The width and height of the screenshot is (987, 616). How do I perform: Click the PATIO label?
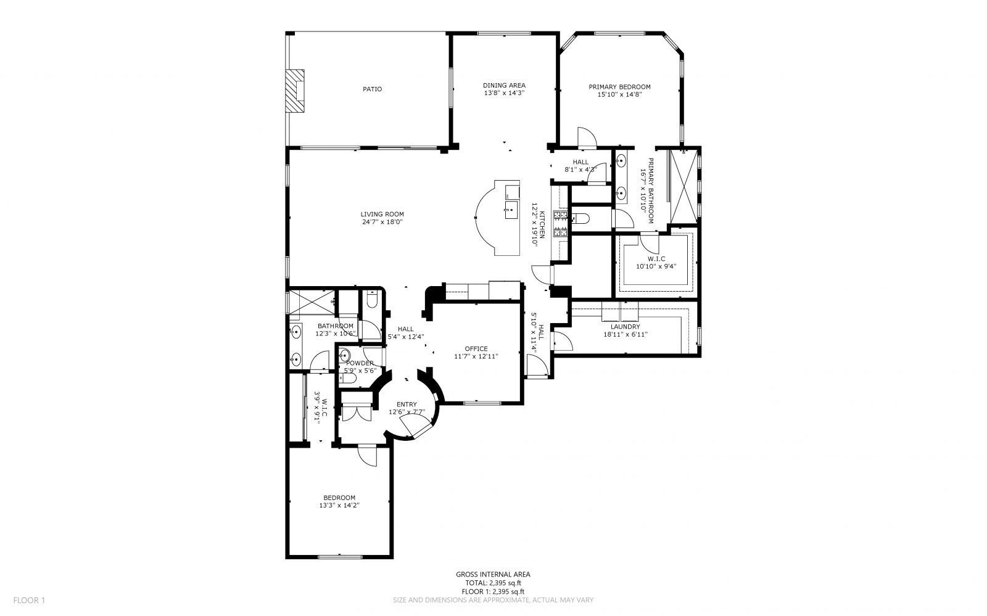[x=373, y=89]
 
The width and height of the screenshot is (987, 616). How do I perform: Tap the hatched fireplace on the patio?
[x=295, y=91]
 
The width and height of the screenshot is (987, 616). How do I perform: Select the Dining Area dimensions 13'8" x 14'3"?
[x=504, y=93]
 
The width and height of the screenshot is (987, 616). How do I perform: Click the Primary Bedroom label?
[x=619, y=87]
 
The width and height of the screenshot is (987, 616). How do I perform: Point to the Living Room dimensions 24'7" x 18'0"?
[x=382, y=222]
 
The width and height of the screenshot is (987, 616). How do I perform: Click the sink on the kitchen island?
[x=511, y=210]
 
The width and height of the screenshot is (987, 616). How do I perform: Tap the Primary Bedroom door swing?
[x=587, y=137]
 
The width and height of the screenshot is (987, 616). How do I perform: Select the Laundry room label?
[x=626, y=327]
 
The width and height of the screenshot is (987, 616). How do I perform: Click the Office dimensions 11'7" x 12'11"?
[x=476, y=356]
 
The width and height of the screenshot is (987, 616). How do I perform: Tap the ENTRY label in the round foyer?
[x=407, y=405]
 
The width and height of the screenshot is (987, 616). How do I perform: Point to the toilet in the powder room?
[x=349, y=379]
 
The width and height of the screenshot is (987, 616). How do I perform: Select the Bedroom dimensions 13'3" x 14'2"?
[x=339, y=506]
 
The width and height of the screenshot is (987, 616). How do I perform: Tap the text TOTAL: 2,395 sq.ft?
[x=493, y=583]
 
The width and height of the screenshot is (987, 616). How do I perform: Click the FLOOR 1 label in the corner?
[x=29, y=600]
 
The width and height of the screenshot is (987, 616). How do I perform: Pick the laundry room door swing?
[x=562, y=341]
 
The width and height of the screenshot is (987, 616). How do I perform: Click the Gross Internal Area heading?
[x=493, y=574]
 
